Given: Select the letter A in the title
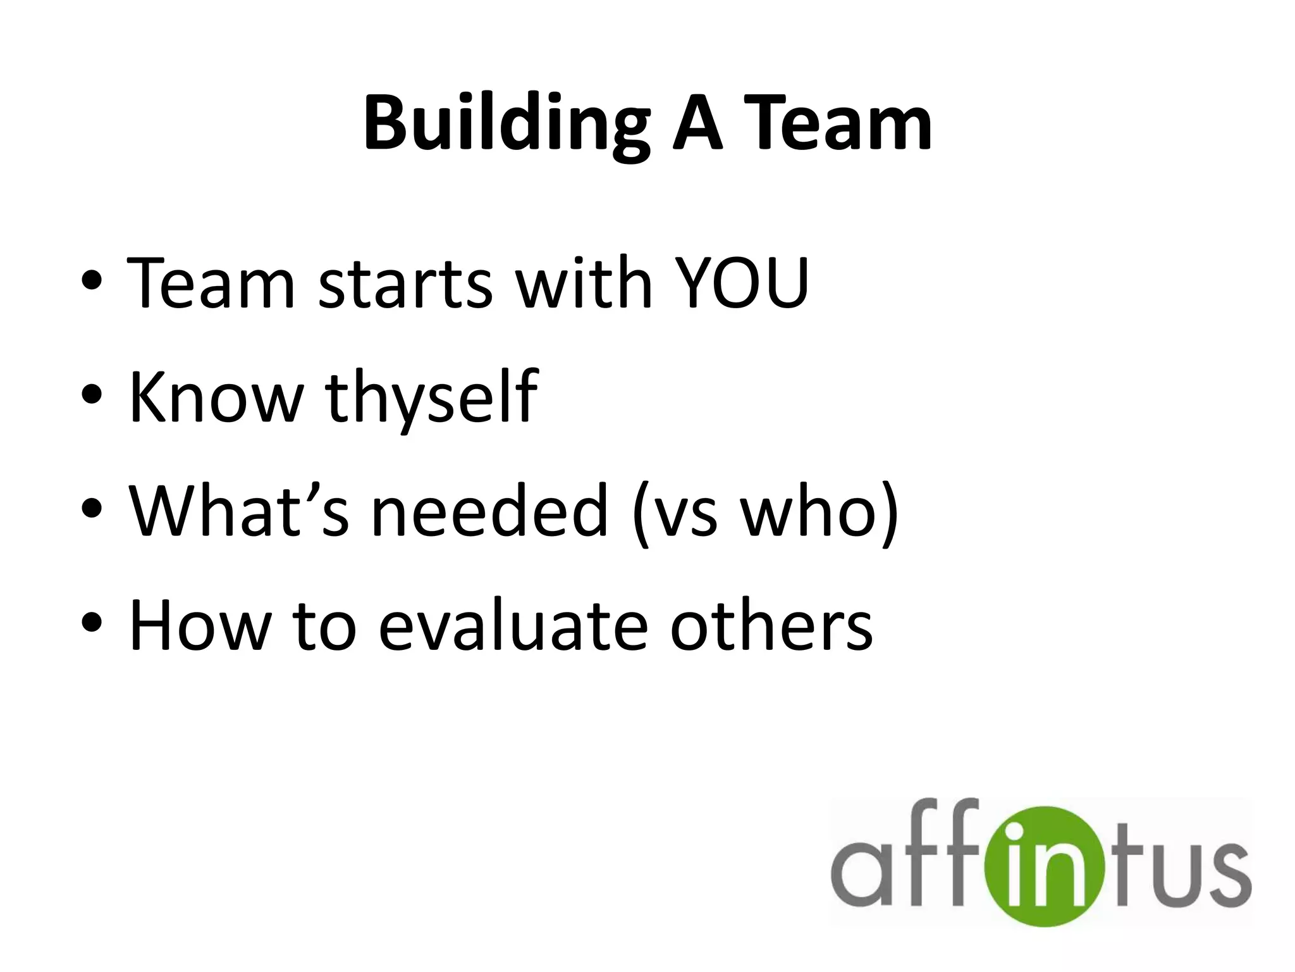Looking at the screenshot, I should pyautogui.click(x=697, y=123).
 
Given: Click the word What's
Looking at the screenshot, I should pyautogui.click(x=238, y=511).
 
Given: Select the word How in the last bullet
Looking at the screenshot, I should pyautogui.click(x=200, y=625).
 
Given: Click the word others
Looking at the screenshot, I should pyautogui.click(x=771, y=625).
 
